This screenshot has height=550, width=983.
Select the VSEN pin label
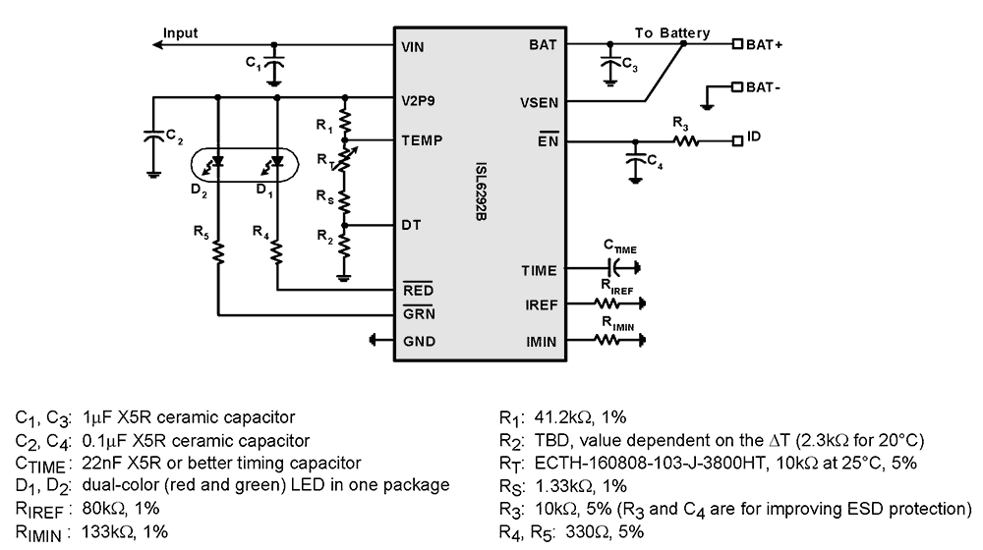coord(539,101)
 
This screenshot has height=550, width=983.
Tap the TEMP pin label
coord(422,140)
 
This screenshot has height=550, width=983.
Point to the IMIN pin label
coord(541,342)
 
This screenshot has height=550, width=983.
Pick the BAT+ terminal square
coord(737,44)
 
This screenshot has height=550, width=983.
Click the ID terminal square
coord(737,140)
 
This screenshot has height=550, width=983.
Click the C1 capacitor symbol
coord(274,67)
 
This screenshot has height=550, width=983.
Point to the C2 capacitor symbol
coord(154,137)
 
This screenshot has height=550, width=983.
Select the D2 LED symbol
coord(218,160)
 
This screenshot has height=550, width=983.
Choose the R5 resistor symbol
coord(218,252)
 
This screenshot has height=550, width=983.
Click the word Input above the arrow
coord(180,32)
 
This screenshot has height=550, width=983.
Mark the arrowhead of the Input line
coord(163,44)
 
